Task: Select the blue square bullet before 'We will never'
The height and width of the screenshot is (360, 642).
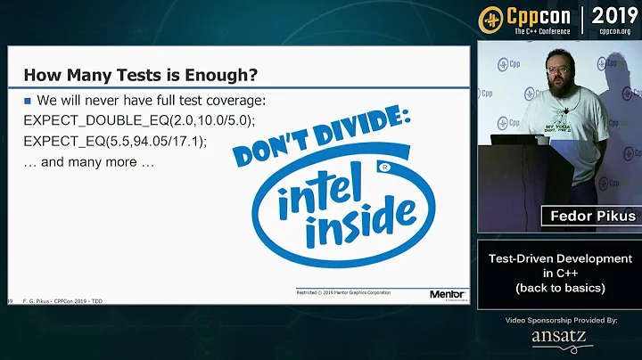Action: [x=29, y=100]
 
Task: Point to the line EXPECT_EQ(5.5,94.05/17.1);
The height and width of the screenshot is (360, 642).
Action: [x=115, y=141]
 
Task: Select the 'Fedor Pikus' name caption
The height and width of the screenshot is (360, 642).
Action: [x=590, y=216]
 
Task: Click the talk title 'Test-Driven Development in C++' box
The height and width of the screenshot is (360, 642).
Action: [x=560, y=274]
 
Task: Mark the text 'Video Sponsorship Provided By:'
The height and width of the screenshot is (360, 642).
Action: [x=559, y=319]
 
